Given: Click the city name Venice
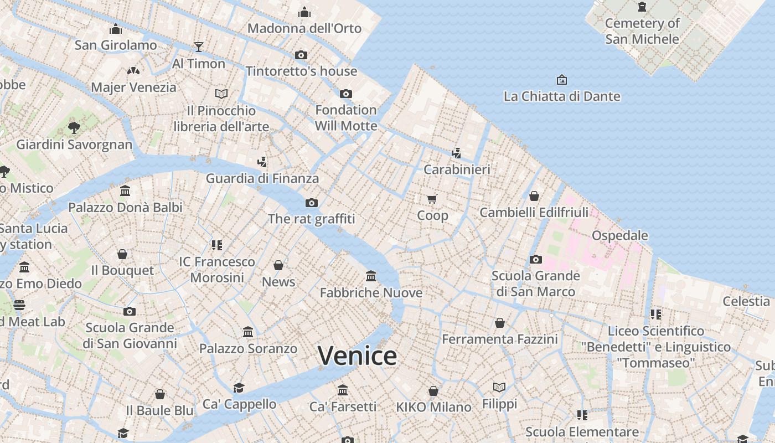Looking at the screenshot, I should pyautogui.click(x=357, y=356).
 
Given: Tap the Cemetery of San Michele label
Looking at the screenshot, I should pyautogui.click(x=642, y=31).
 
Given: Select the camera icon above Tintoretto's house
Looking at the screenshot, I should pyautogui.click(x=301, y=55).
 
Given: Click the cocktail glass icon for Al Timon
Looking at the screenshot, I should pyautogui.click(x=199, y=47).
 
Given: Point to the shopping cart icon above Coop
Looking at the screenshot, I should pyautogui.click(x=432, y=199).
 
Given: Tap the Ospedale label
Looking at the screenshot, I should pyautogui.click(x=619, y=235).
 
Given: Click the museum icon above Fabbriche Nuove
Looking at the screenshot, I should pyautogui.click(x=371, y=276).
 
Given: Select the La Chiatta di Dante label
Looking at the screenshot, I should pyautogui.click(x=562, y=96).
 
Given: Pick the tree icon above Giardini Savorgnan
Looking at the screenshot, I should pyautogui.click(x=74, y=128).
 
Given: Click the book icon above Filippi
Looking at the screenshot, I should pyautogui.click(x=499, y=387).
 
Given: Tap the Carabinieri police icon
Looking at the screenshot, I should pyautogui.click(x=457, y=153).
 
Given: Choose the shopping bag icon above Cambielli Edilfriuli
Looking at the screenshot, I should pyautogui.click(x=534, y=196).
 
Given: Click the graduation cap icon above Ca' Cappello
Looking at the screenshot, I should pyautogui.click(x=239, y=387).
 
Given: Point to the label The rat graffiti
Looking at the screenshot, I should pyautogui.click(x=311, y=219).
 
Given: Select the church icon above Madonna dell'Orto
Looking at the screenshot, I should pyautogui.click(x=304, y=12).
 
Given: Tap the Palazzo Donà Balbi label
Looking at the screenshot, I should pyautogui.click(x=125, y=208).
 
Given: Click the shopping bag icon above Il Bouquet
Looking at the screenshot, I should pyautogui.click(x=122, y=254).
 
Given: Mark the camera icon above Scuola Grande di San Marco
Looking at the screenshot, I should pyautogui.click(x=535, y=259).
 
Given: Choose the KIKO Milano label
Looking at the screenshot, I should pyautogui.click(x=433, y=407).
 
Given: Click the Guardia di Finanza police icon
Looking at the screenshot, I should pyautogui.click(x=262, y=162).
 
